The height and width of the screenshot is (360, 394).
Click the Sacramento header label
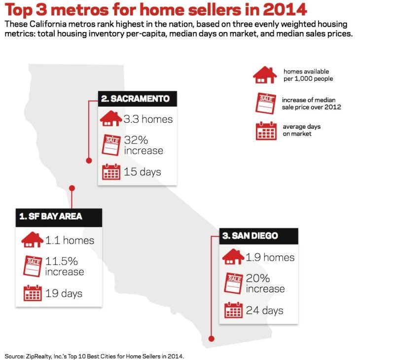135,99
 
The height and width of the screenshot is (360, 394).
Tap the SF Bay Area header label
51,216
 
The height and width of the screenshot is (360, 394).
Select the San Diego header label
250,236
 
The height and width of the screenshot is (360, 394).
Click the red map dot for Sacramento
89,161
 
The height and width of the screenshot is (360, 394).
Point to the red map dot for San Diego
212,339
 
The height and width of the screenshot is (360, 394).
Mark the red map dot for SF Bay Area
72,188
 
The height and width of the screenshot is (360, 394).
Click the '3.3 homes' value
148,119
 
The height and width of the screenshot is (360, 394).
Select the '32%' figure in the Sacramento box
136,140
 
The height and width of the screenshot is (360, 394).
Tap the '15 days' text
143,172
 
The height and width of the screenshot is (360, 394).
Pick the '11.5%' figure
62,261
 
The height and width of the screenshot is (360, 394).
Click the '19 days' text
64,293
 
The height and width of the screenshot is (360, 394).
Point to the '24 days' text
265,311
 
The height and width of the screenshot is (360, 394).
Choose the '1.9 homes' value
270,257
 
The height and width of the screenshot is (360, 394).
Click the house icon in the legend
265,75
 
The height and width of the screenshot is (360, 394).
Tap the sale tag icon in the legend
265,103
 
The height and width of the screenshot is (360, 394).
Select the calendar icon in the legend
266,131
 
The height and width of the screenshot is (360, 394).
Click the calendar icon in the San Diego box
233,310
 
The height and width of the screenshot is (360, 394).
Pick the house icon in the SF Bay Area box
32,240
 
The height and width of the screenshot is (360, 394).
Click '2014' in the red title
285,9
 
